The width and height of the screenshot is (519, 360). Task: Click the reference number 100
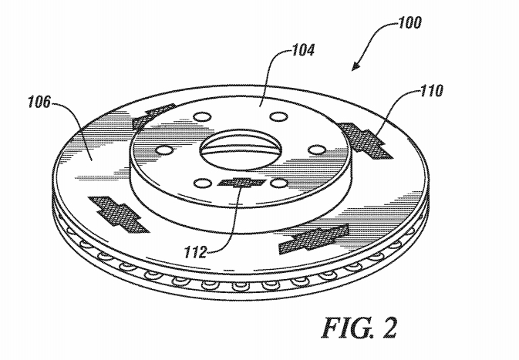409,22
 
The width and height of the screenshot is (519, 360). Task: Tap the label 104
303,50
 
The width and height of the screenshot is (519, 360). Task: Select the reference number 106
40,102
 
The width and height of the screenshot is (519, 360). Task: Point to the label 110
432,91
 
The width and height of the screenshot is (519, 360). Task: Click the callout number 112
196,253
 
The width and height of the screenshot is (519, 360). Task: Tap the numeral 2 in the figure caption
389,328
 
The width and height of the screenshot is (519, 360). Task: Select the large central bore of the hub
241,149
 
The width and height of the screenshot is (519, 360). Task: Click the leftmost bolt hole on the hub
164,150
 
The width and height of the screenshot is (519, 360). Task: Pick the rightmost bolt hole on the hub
317,150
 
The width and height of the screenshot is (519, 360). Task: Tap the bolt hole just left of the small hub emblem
202,183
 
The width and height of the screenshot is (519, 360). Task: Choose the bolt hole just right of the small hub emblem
278,183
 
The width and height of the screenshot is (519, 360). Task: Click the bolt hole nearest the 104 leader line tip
278,117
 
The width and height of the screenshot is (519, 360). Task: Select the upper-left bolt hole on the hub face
202,117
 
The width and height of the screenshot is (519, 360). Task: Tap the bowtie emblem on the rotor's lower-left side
118,214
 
